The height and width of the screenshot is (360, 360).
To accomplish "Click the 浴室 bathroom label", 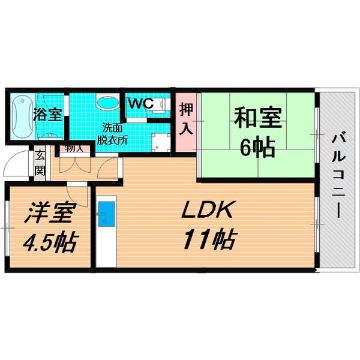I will tap(47, 115).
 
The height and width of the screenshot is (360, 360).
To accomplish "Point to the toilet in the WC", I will tap(161, 105).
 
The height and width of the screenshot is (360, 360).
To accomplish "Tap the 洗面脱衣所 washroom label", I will tap(112, 133).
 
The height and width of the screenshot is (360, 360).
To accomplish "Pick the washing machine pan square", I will tap(160, 142).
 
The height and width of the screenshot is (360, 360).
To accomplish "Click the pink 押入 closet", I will tap(186, 119).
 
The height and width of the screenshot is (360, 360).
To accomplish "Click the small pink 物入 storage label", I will tap(74, 148).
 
